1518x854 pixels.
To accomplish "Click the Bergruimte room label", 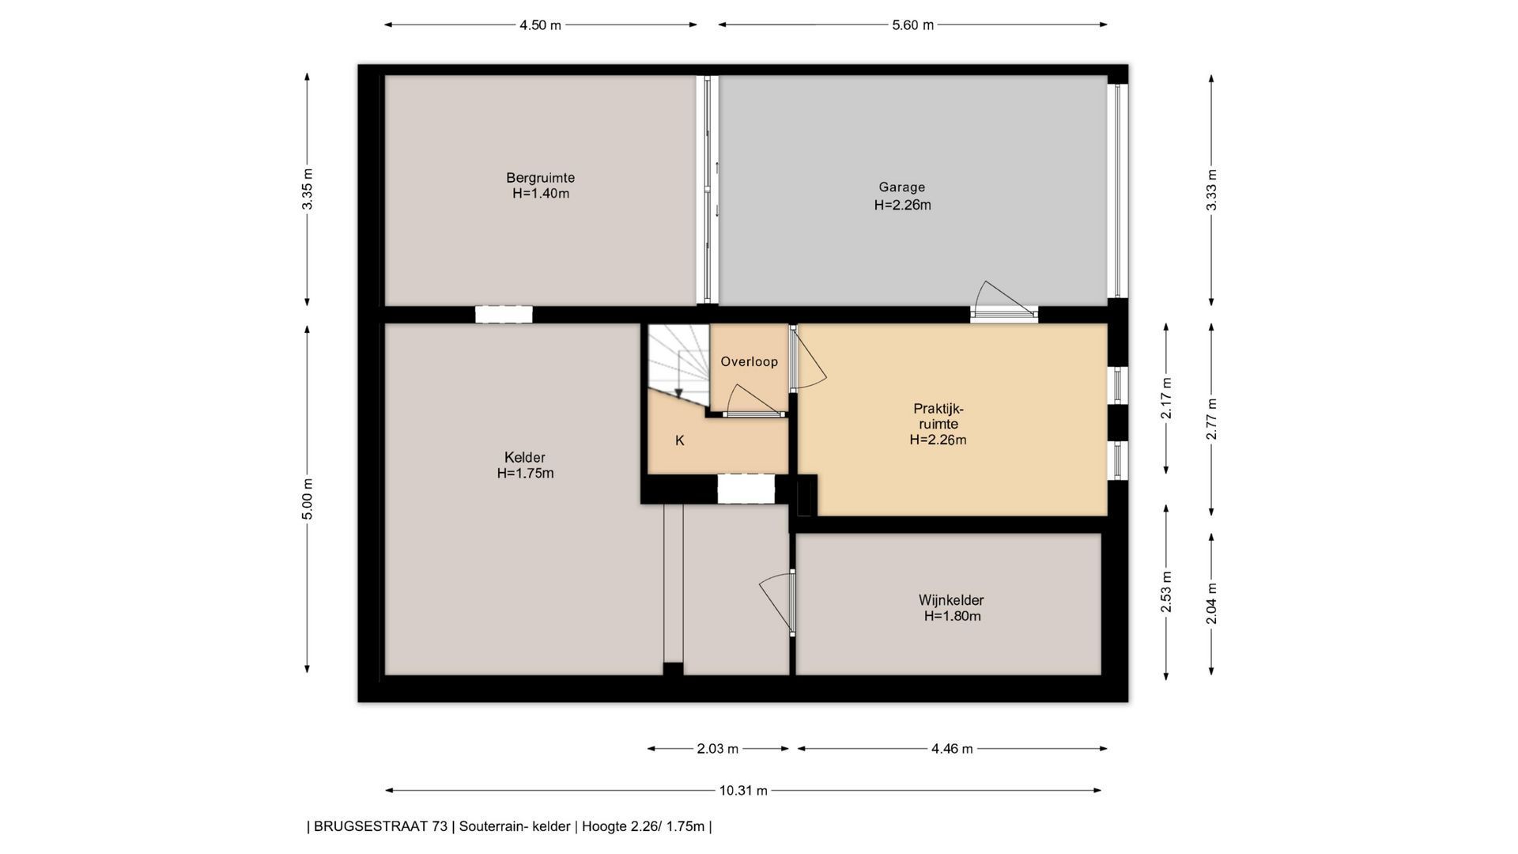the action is pyautogui.click(x=541, y=178).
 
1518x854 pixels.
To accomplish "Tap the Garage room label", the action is pyautogui.click(x=901, y=187).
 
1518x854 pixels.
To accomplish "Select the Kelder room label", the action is pyautogui.click(x=525, y=458).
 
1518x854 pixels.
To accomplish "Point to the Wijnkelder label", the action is pyautogui.click(x=951, y=600).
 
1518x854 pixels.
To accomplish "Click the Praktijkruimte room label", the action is pyautogui.click(x=938, y=417).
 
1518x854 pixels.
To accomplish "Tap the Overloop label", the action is pyautogui.click(x=750, y=361).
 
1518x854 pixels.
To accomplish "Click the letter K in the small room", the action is pyautogui.click(x=680, y=440).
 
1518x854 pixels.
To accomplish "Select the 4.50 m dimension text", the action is pyautogui.click(x=540, y=25).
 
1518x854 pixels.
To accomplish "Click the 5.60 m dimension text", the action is pyautogui.click(x=913, y=25).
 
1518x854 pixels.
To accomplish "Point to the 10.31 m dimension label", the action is pyautogui.click(x=743, y=791).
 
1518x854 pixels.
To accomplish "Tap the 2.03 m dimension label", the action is pyautogui.click(x=718, y=749).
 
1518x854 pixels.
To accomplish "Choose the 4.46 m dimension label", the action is pyautogui.click(x=952, y=749).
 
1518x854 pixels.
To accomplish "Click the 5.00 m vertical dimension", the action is pyautogui.click(x=308, y=499).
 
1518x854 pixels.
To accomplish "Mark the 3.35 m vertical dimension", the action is pyautogui.click(x=308, y=190).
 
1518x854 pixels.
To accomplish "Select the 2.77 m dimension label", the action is pyautogui.click(x=1211, y=419).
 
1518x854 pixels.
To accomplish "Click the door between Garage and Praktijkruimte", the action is pyautogui.click(x=1004, y=300).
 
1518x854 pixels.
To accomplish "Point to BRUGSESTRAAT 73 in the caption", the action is pyautogui.click(x=380, y=827).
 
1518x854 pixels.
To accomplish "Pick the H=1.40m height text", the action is pyautogui.click(x=541, y=194).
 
